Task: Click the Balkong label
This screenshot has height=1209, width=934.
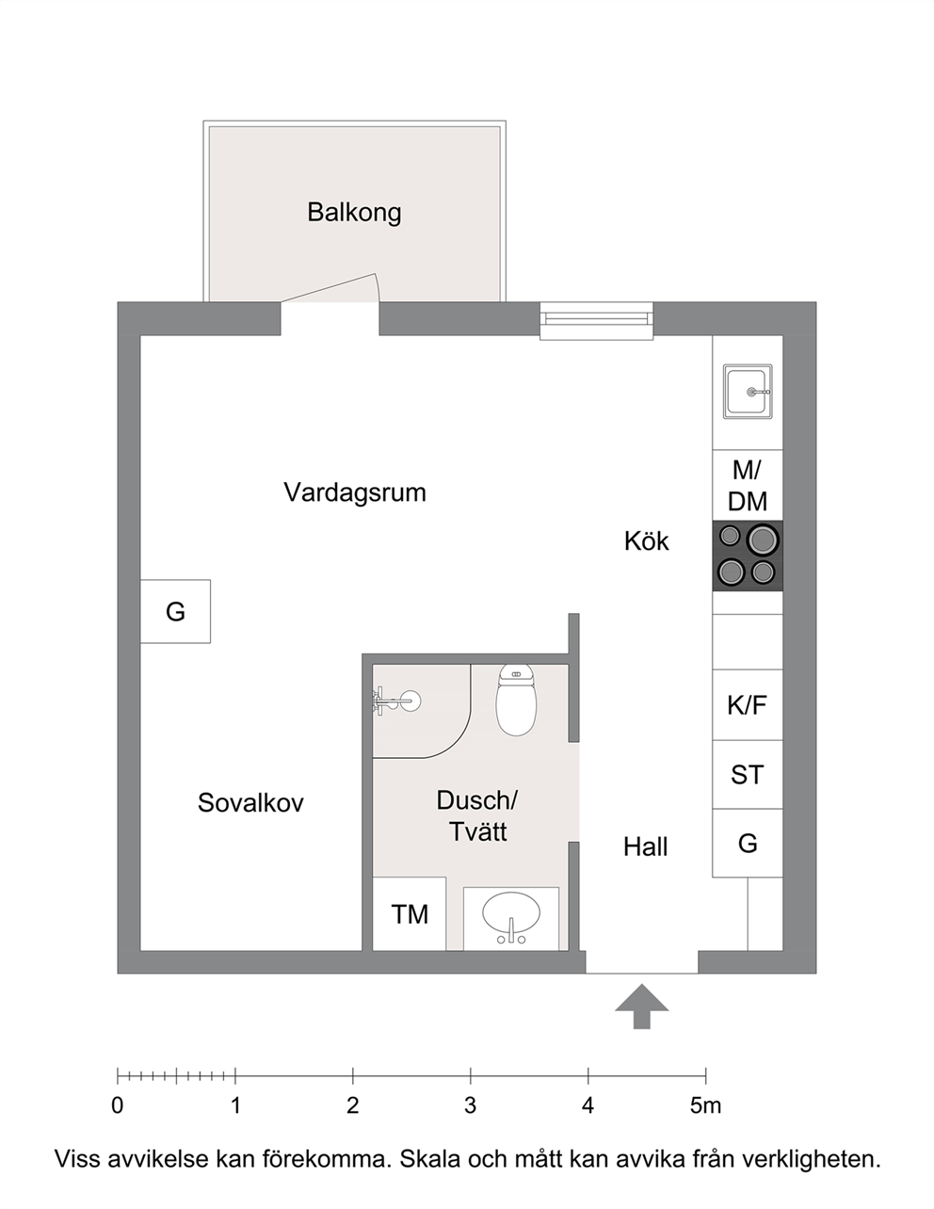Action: click(354, 213)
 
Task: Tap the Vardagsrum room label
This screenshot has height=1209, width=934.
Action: click(355, 492)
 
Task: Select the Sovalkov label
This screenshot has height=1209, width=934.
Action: click(250, 803)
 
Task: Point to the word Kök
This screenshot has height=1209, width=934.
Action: click(646, 540)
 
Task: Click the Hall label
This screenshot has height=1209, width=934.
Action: click(645, 846)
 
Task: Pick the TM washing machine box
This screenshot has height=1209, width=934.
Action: click(410, 914)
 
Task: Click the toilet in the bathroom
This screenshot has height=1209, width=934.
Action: click(516, 701)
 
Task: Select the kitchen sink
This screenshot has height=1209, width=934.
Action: click(748, 391)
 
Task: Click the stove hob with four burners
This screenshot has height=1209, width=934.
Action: click(748, 556)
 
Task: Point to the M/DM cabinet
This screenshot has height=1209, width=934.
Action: click(748, 485)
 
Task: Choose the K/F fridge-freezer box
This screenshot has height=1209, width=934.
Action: click(748, 705)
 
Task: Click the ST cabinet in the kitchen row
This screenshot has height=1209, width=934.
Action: click(748, 775)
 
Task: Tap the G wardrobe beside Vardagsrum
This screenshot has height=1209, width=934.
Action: click(175, 611)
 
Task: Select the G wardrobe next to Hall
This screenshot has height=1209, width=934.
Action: click(748, 844)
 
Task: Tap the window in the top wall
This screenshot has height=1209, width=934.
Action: click(596, 321)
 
